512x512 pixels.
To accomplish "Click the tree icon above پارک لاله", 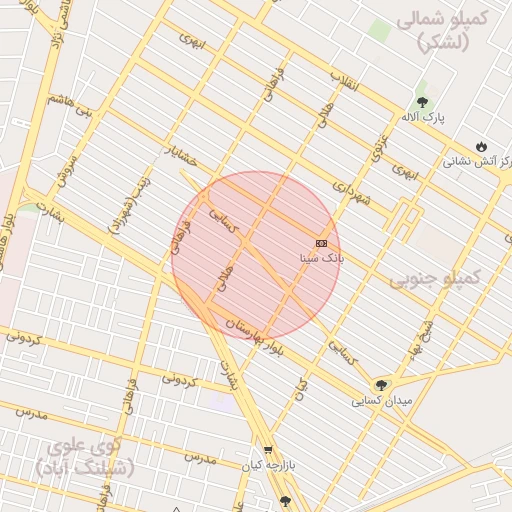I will pos(422,102).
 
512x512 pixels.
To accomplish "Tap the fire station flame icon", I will pos(481,146).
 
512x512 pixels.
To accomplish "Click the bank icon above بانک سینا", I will pos(321,243).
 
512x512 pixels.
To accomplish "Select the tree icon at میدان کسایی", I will pos(380,385).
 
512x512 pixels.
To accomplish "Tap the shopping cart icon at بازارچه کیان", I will pos(268,450).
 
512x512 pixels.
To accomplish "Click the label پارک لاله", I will pos(425,118).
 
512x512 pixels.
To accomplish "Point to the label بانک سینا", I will pos(321,258).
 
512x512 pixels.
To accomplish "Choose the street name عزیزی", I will pos(379,146).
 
